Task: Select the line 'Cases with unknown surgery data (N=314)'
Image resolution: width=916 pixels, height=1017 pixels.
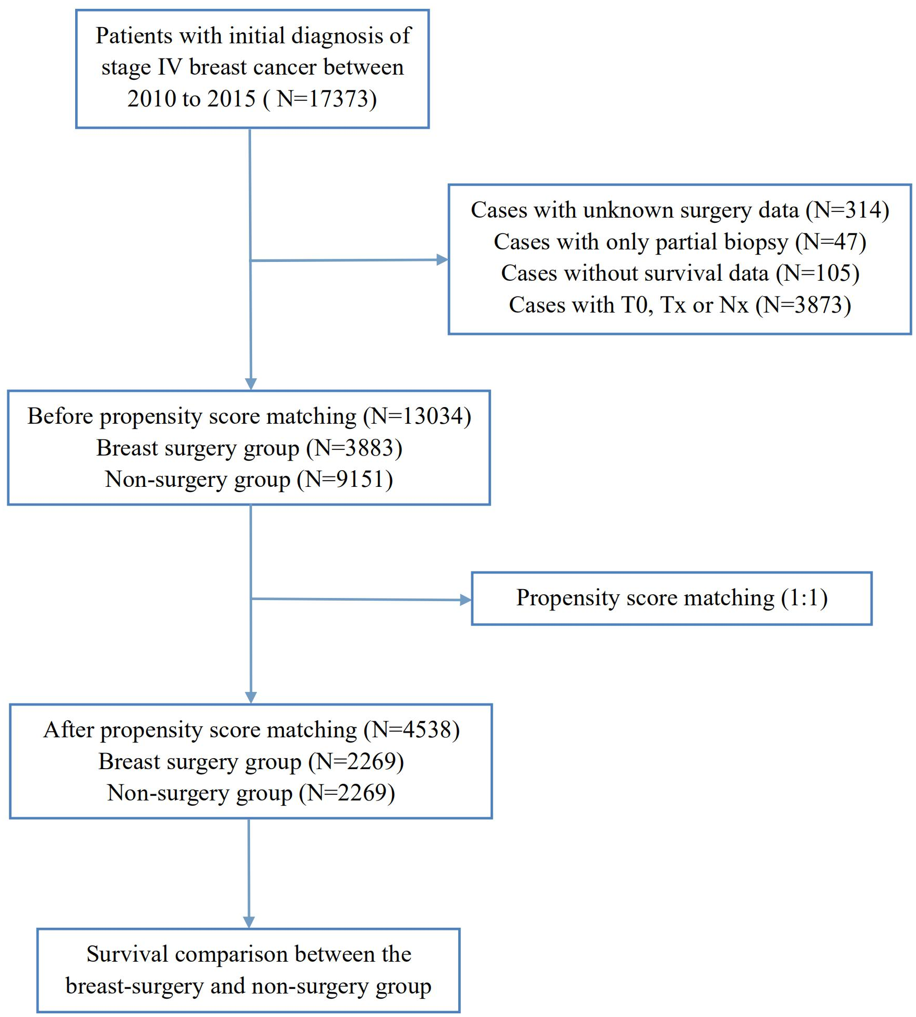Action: click(x=680, y=210)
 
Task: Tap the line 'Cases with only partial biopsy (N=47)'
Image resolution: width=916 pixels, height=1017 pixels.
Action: click(x=680, y=242)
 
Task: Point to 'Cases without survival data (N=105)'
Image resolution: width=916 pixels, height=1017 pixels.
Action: click(x=680, y=273)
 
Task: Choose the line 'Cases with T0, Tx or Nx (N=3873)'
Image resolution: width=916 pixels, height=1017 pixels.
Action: click(x=680, y=305)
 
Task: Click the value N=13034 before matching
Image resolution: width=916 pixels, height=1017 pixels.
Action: click(x=417, y=416)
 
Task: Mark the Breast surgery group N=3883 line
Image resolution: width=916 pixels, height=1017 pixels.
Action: click(x=249, y=448)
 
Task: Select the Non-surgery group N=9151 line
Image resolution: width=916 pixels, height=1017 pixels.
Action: click(x=249, y=480)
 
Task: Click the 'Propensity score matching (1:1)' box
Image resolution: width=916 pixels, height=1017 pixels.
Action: click(x=672, y=598)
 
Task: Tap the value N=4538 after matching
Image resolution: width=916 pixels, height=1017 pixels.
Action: click(x=412, y=730)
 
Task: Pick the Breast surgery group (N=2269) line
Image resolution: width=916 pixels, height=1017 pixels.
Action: click(x=251, y=762)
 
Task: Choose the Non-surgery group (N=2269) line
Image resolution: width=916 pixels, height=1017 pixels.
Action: click(x=251, y=793)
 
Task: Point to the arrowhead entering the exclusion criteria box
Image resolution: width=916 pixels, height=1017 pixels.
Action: click(x=442, y=259)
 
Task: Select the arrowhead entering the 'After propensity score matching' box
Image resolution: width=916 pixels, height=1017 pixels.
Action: click(x=251, y=697)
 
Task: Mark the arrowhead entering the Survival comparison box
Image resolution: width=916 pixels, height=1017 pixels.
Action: click(x=249, y=922)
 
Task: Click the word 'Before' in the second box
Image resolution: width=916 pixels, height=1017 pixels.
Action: click(x=60, y=416)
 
